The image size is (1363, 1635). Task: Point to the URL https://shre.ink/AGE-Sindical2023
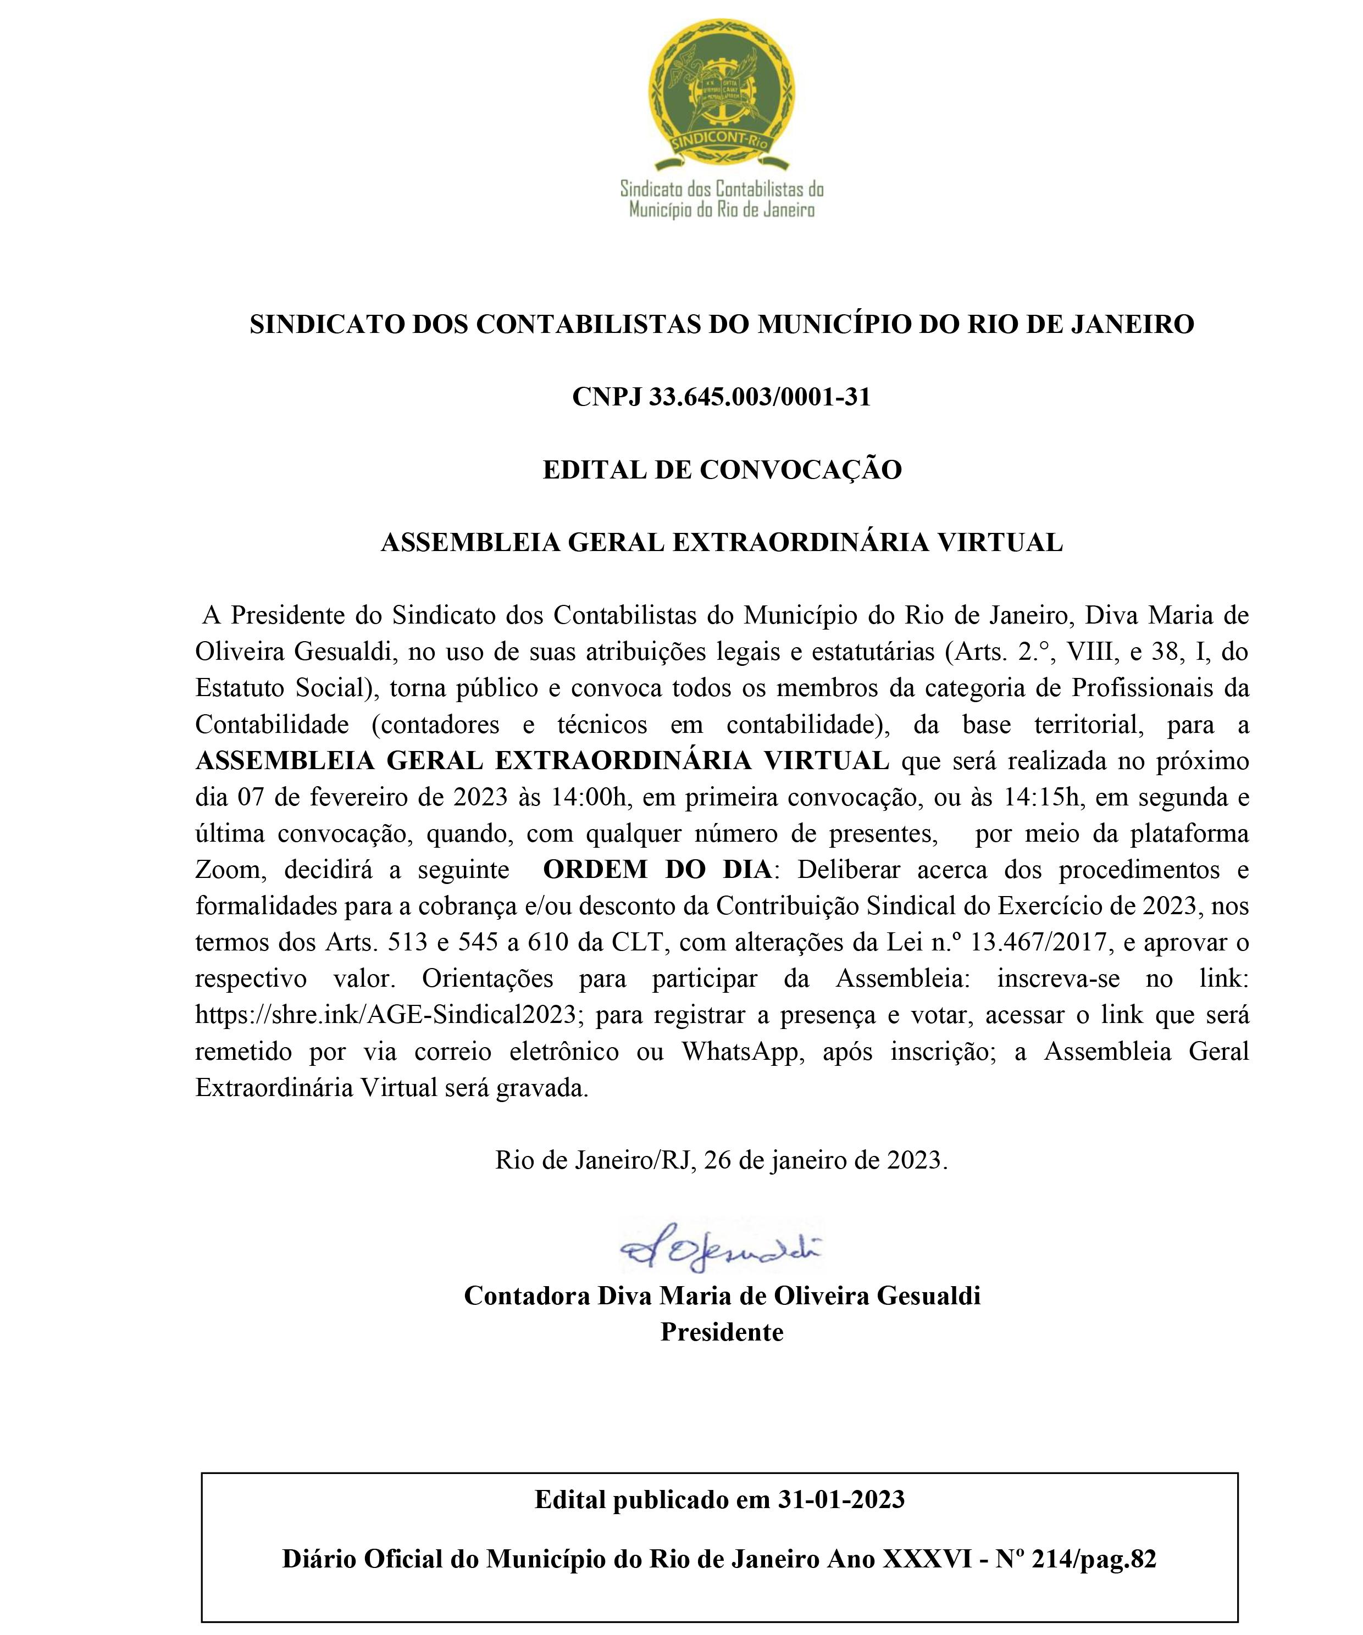click(385, 1015)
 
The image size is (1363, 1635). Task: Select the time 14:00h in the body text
click(588, 797)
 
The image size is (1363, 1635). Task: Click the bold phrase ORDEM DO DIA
click(657, 869)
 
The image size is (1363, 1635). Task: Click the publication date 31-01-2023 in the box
click(841, 1499)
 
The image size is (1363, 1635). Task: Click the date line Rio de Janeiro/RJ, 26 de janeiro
click(721, 1160)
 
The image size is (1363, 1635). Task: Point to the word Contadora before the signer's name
click(527, 1295)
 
